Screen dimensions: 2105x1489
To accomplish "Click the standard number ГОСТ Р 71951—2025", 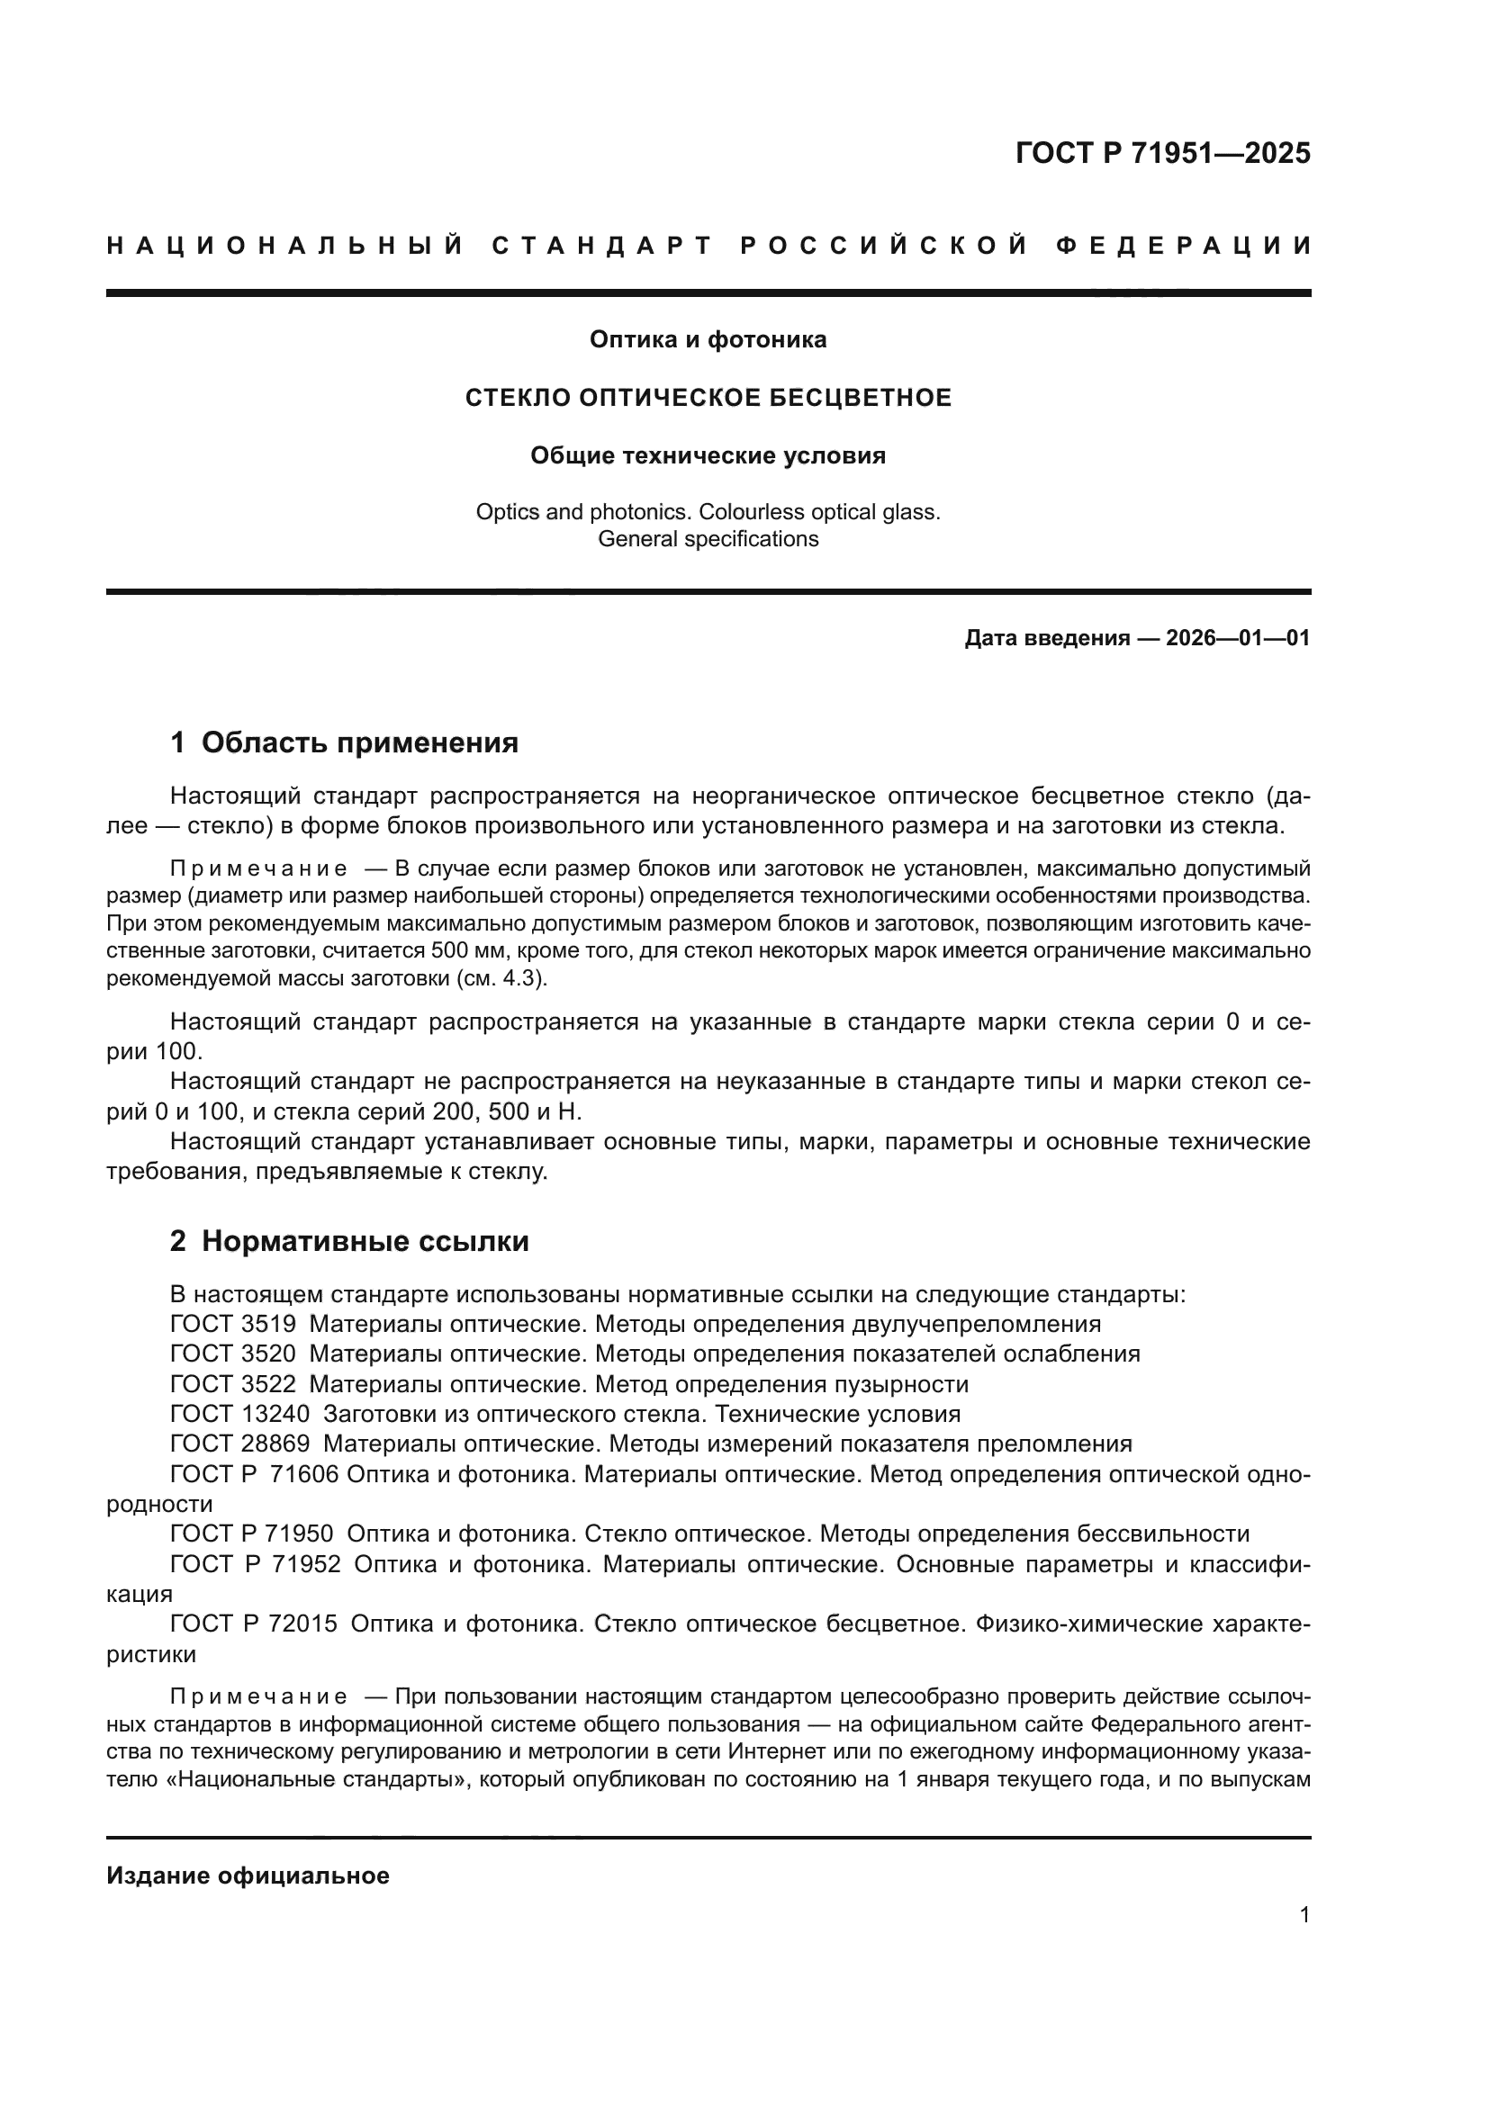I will point(1161,153).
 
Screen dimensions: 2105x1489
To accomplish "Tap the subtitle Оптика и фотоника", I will point(708,340).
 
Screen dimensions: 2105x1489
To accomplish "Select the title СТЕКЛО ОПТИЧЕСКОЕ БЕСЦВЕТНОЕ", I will point(708,398).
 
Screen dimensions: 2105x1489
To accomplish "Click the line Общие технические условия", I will point(708,455).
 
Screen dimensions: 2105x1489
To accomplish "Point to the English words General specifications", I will point(708,539).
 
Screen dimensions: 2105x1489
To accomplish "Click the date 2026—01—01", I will point(1238,638).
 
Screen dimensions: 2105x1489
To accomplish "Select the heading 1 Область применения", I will point(344,742).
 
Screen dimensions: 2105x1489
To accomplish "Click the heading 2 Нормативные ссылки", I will point(349,1241).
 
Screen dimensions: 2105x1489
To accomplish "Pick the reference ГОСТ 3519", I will point(233,1324).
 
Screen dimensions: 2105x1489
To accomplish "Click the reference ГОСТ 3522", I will point(233,1383).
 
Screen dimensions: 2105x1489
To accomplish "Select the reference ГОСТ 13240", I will point(240,1414).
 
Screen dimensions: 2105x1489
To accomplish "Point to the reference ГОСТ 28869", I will point(240,1444).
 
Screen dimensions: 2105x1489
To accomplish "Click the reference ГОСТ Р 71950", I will point(252,1534).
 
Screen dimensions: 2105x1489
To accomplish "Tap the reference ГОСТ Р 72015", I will point(254,1624).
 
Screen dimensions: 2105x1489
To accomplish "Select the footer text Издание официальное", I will point(248,1876).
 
